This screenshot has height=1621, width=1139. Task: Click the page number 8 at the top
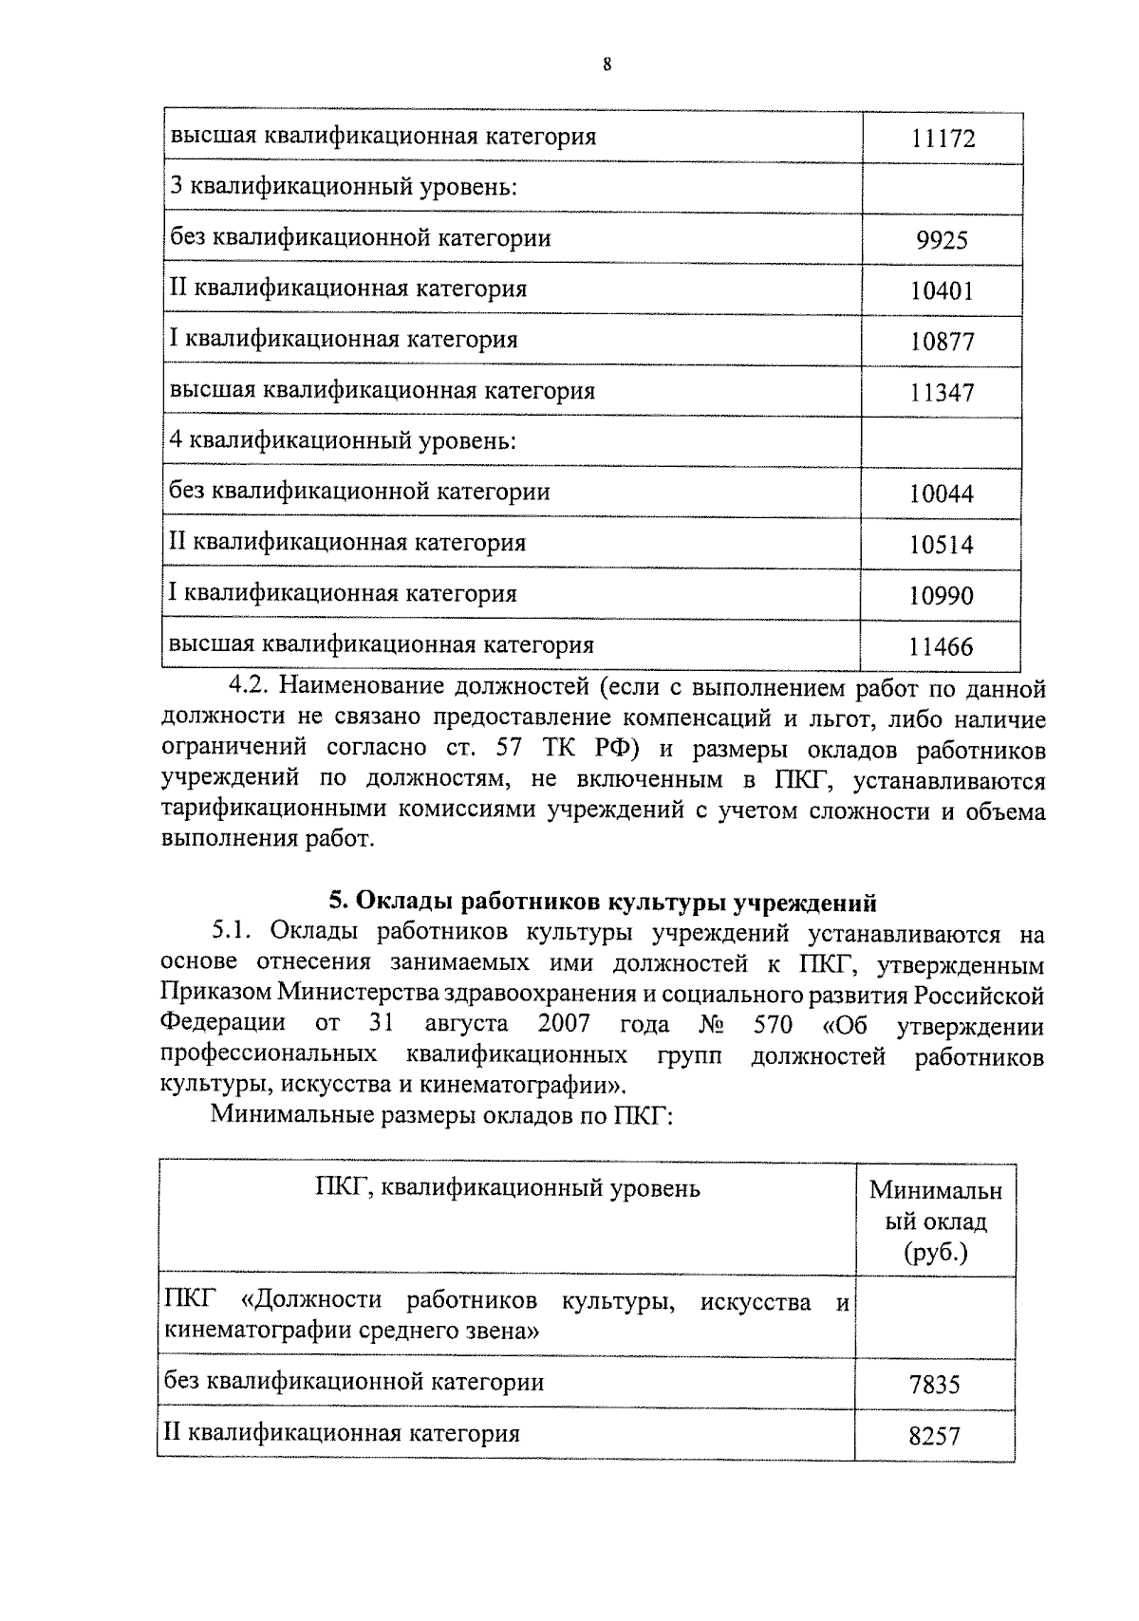[x=607, y=65]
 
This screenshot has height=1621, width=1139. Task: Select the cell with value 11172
[x=942, y=140]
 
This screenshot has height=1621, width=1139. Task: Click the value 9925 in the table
[x=942, y=240]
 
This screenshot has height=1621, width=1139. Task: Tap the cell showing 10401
[x=942, y=290]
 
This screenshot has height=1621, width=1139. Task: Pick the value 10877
[x=942, y=342]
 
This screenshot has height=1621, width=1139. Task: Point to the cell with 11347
[x=942, y=393]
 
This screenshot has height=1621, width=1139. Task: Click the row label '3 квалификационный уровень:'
[x=343, y=187]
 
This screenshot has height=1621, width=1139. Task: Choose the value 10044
[x=942, y=494]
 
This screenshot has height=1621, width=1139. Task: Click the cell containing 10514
[x=942, y=546]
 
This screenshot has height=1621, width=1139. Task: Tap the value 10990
[x=942, y=597]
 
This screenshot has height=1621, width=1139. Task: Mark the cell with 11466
[x=942, y=648]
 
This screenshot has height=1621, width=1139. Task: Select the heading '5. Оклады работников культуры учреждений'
[x=602, y=902]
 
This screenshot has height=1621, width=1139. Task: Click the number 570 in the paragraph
[x=773, y=1025]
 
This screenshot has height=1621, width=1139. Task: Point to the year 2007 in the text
[x=563, y=1025]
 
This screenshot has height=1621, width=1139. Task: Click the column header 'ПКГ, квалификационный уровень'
[x=507, y=1188]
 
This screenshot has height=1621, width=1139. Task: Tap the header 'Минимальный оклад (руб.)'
[x=935, y=1220]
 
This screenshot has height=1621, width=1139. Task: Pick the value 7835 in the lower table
[x=934, y=1386]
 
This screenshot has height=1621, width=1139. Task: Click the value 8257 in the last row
[x=934, y=1437]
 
